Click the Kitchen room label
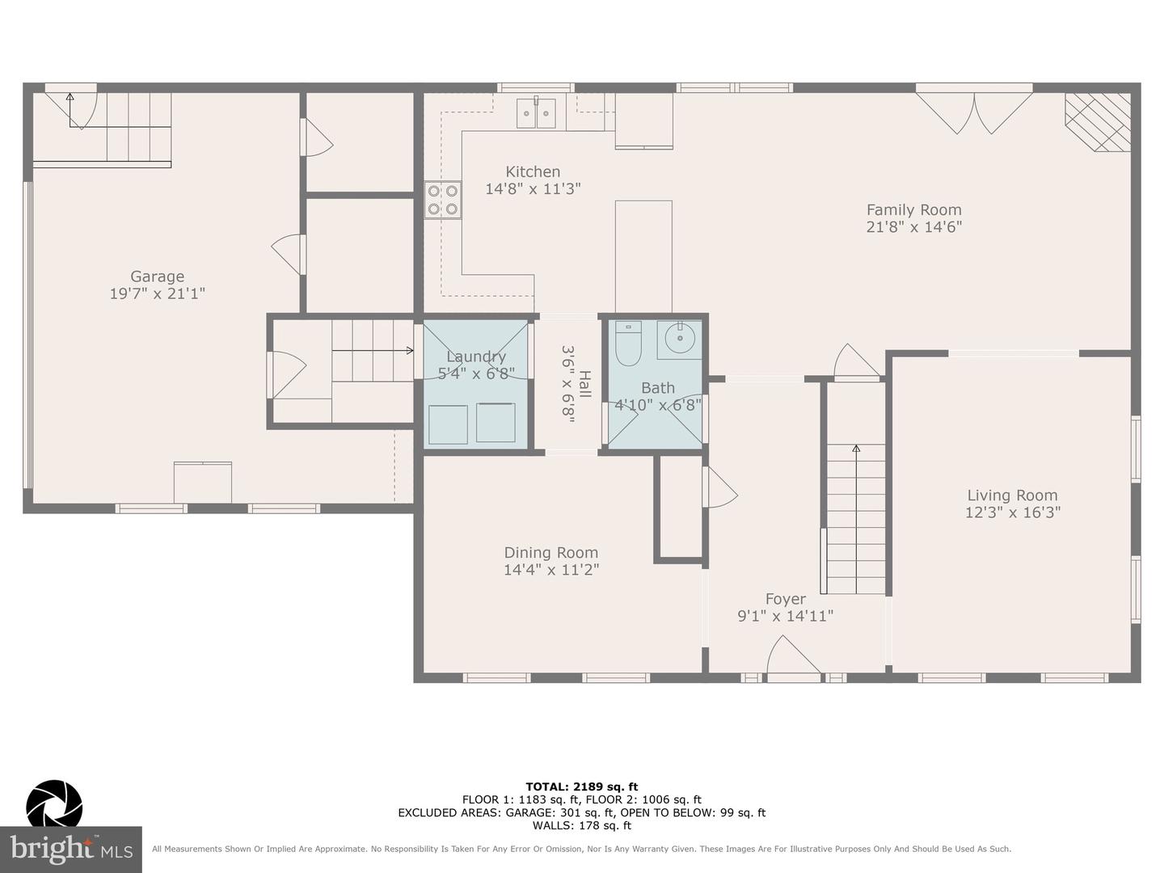click(x=533, y=171)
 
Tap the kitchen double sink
click(x=536, y=113)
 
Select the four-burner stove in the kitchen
click(x=443, y=200)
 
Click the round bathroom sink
click(x=679, y=339)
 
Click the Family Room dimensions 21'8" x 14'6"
click(x=913, y=227)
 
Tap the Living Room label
click(x=1012, y=495)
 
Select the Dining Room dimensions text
click(x=551, y=570)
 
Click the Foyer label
click(x=786, y=599)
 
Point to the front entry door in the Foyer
click(x=794, y=657)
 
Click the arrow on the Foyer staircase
click(x=856, y=519)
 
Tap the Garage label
click(x=158, y=276)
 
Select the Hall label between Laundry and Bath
click(x=584, y=384)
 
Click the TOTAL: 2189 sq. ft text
click(x=582, y=787)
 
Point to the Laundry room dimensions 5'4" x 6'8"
click(x=475, y=374)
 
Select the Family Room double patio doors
click(x=974, y=110)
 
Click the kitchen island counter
click(x=643, y=256)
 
